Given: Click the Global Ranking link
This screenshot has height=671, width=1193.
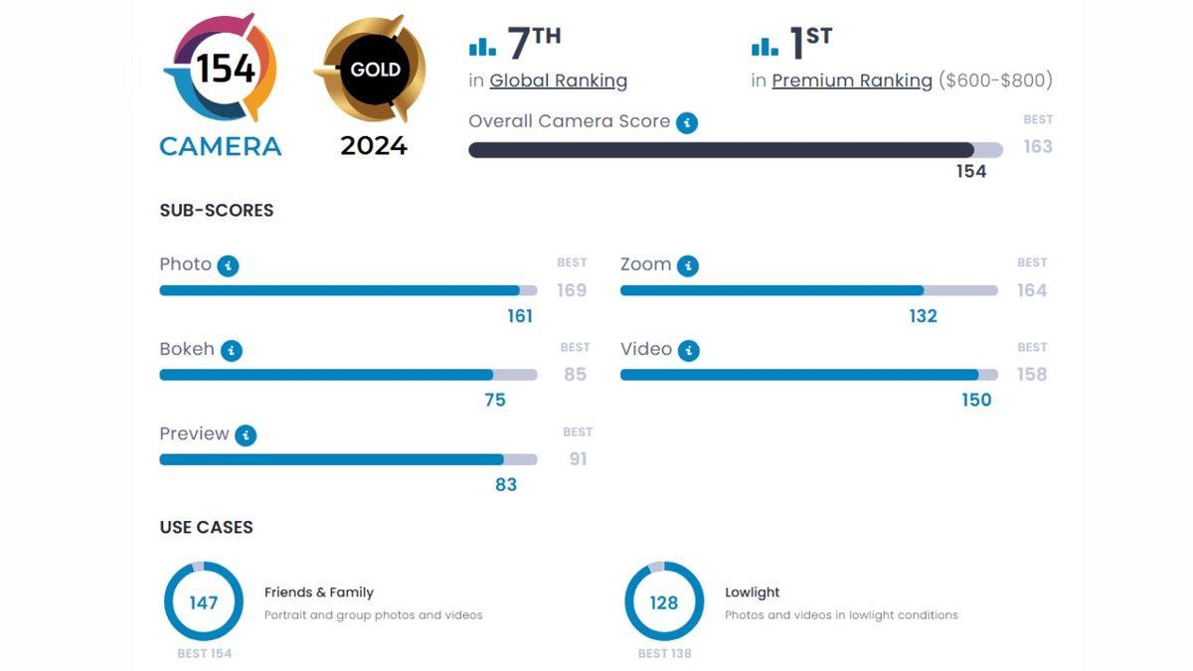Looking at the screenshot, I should (558, 81).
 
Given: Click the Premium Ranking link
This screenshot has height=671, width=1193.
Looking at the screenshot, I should (852, 81).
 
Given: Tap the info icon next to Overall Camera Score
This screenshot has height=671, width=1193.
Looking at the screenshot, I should (686, 122).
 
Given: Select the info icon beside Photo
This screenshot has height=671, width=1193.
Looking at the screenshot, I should (228, 265).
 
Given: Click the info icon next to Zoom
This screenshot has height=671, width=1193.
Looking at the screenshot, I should (688, 265).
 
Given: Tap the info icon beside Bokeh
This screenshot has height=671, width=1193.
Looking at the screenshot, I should (231, 351).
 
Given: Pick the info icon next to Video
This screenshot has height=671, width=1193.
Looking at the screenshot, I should (688, 351).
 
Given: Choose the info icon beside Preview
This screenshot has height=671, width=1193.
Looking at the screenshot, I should (246, 435).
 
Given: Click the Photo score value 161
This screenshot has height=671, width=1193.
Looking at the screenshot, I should (520, 316).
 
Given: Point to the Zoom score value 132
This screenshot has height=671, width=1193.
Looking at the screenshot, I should (923, 316).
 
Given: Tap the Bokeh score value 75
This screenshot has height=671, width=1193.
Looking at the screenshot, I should (494, 400).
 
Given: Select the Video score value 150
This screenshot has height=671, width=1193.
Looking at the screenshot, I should (976, 400).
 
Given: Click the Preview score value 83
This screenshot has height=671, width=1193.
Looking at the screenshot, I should (506, 484).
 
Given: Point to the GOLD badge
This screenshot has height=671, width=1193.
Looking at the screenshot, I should (375, 70).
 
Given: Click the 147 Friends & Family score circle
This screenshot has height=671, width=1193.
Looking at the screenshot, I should (203, 601).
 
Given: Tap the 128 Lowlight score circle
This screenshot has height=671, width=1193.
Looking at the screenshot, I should (663, 601).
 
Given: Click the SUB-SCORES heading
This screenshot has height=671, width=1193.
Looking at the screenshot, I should (216, 211).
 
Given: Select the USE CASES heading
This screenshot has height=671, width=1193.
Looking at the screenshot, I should (206, 527).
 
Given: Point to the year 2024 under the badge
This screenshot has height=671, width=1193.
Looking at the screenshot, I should (374, 145).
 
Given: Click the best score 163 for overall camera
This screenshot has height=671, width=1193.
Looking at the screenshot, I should (1037, 146).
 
